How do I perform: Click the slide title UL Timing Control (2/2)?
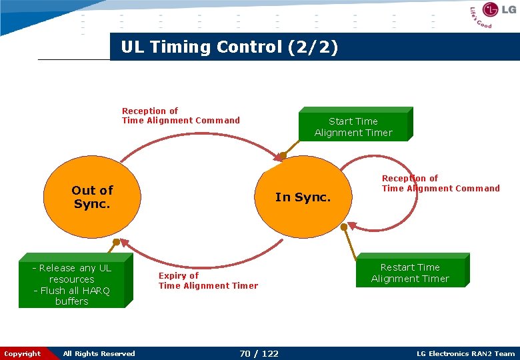coord(229,47)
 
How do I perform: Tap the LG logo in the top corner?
coord(499,10)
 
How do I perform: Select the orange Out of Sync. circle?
coord(92,197)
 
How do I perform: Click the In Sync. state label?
coord(303,197)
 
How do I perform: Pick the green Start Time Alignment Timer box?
coord(353,127)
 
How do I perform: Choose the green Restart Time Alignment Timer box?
coord(410,273)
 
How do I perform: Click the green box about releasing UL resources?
coord(72,284)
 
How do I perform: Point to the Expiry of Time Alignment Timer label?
coord(208,281)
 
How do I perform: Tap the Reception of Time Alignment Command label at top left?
coord(181,116)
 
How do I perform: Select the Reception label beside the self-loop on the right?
coord(440,183)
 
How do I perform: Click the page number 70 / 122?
coord(259,353)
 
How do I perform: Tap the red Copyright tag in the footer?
coord(22,353)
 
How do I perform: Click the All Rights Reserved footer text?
coord(99,353)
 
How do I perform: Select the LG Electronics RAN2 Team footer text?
coord(465,353)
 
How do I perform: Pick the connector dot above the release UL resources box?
coord(116,241)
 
